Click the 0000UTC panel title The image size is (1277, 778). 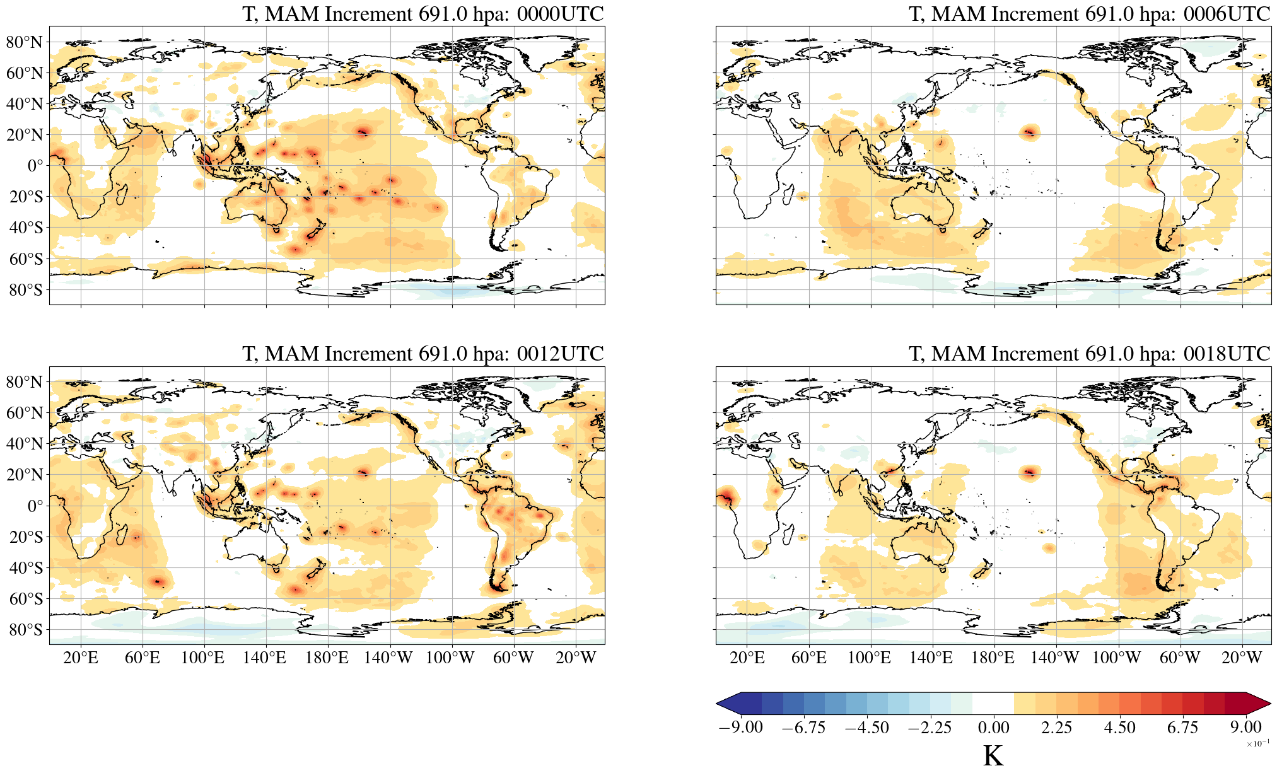click(423, 14)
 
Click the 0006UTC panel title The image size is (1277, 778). click(1089, 14)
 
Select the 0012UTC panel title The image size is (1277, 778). click(423, 354)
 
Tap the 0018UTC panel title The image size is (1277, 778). click(1089, 354)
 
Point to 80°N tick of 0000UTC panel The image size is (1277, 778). click(25, 42)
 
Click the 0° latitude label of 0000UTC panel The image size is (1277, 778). click(35, 166)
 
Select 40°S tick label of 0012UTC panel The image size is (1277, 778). click(26, 567)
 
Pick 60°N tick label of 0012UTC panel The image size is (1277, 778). click(25, 413)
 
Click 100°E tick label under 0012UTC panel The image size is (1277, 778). click(202, 658)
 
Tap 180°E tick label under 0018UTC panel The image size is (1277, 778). click(993, 658)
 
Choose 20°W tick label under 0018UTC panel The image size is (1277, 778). click(1241, 658)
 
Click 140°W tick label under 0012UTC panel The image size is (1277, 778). click(388, 658)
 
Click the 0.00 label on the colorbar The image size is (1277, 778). click(993, 728)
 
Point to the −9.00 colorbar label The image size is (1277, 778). click(740, 728)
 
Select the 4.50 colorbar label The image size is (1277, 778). click(1119, 728)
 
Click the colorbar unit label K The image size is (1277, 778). click(993, 756)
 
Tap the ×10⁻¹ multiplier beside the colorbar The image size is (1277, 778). click(1257, 743)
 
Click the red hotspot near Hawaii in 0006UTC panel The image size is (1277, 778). click(1030, 132)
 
